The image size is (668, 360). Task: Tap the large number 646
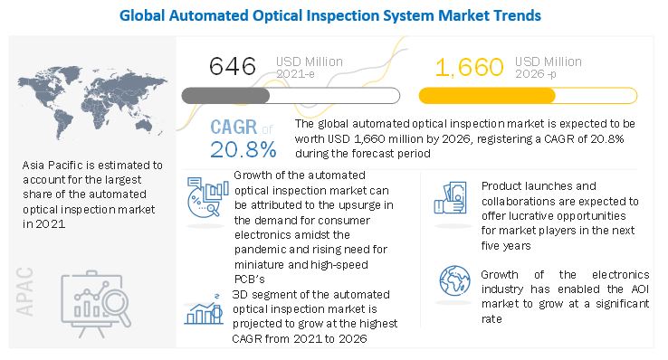click(x=233, y=66)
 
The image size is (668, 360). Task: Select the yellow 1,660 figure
click(x=470, y=67)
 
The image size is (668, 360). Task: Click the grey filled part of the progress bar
click(x=225, y=96)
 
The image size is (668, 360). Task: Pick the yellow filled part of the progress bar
click(x=487, y=96)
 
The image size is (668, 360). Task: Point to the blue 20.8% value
click(x=243, y=149)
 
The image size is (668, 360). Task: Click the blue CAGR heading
click(x=234, y=128)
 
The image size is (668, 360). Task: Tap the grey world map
click(x=92, y=102)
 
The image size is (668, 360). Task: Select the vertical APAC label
click(x=24, y=291)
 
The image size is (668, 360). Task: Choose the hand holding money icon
click(x=450, y=197)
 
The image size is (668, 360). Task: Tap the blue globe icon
click(x=455, y=280)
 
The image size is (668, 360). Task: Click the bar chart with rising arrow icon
click(x=204, y=309)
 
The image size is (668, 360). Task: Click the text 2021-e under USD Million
click(x=295, y=74)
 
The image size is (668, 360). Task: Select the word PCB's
click(x=250, y=279)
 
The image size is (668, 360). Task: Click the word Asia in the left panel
click(x=33, y=166)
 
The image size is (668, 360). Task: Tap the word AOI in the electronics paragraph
click(x=640, y=289)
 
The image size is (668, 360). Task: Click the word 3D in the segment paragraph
click(x=240, y=295)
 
